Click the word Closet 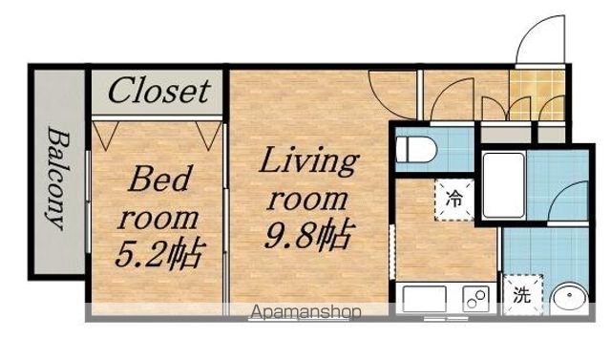coord(159,91)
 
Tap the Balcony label coord(58,178)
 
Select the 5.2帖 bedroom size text coord(160,252)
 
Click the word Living coord(308,161)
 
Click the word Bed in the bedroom coord(160,179)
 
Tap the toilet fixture coord(416,149)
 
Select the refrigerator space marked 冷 coord(454,200)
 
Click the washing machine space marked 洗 coord(522,295)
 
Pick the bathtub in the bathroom coord(503,184)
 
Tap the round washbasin coord(571,299)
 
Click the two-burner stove coord(475,299)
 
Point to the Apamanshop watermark coord(305,312)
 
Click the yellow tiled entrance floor coord(537,95)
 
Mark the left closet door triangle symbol coord(106,136)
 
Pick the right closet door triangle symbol coord(208,136)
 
